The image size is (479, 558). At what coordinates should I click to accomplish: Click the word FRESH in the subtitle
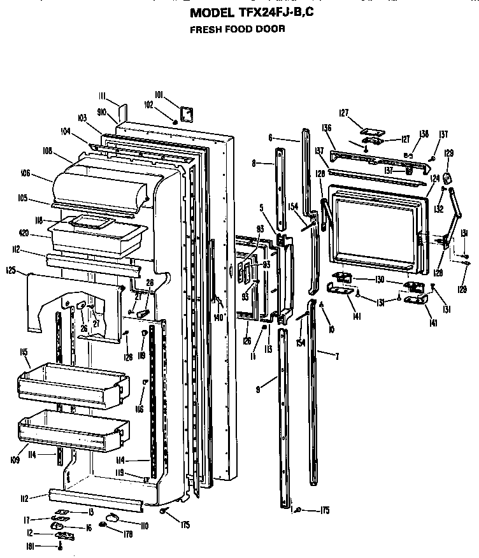(x=204, y=29)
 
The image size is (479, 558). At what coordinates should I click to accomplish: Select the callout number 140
(x=219, y=317)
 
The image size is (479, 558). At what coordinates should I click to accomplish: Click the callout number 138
(x=424, y=134)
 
